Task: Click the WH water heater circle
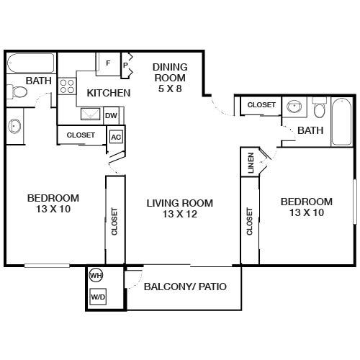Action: click(x=96, y=275)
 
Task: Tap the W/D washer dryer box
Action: click(x=97, y=297)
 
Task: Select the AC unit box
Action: click(x=115, y=135)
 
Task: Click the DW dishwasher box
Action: click(x=111, y=114)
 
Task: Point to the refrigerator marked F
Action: click(x=108, y=63)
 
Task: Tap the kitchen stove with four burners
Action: click(x=67, y=87)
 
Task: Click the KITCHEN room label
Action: click(x=108, y=93)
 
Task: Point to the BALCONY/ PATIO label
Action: click(x=185, y=287)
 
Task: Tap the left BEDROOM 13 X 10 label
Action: click(x=53, y=204)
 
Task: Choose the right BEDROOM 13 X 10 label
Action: click(x=306, y=207)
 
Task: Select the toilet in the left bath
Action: click(x=17, y=92)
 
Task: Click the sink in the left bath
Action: click(x=15, y=126)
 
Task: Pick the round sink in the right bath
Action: click(x=293, y=107)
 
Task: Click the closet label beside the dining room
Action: click(x=261, y=105)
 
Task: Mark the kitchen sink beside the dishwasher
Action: click(x=91, y=114)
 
